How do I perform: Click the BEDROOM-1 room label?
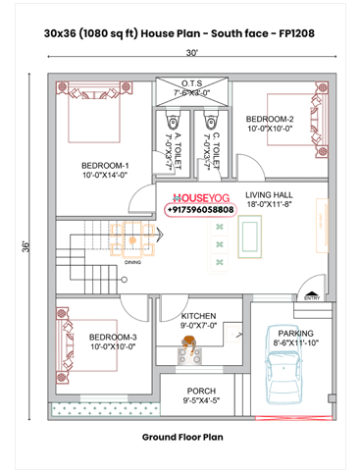click(x=103, y=166)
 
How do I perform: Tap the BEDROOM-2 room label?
click(x=270, y=119)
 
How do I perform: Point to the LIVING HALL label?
click(x=270, y=195)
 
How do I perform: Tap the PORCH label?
click(x=201, y=391)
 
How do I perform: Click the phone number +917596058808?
click(x=201, y=210)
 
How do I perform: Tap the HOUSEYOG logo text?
click(x=201, y=196)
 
